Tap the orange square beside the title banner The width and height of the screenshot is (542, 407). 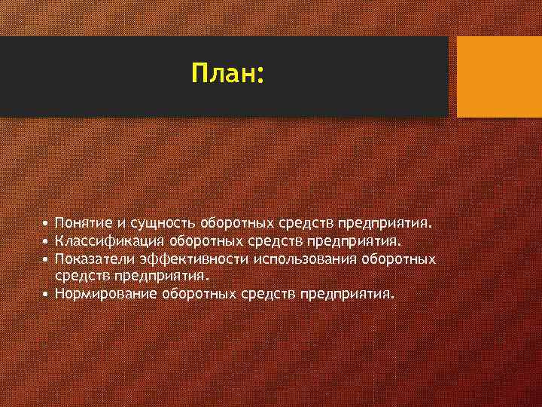pyautogui.click(x=499, y=77)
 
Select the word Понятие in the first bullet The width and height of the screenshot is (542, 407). pyautogui.click(x=83, y=224)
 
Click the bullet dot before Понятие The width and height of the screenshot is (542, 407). pyautogui.click(x=47, y=225)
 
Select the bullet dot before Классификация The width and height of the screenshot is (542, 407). pyautogui.click(x=47, y=242)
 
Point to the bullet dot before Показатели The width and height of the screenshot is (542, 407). pyautogui.click(x=47, y=260)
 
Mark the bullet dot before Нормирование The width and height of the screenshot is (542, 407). pyautogui.click(x=47, y=295)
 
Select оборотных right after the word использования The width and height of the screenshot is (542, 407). pyautogui.click(x=400, y=259)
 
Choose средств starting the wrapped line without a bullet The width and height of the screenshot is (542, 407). pyautogui.click(x=77, y=277)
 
